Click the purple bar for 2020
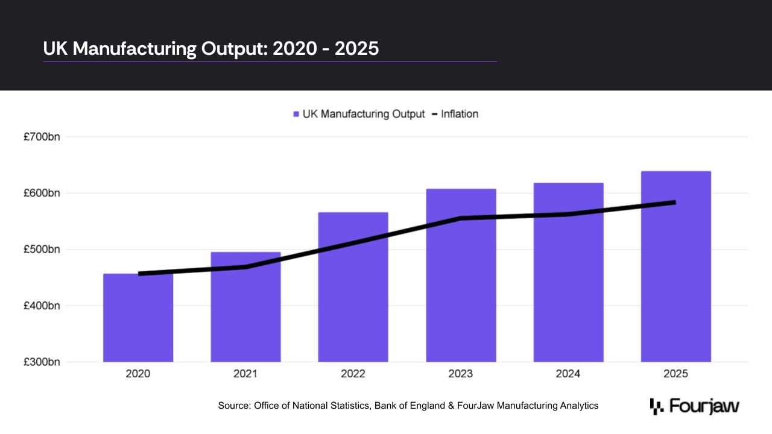(x=138, y=318)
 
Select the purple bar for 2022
(x=353, y=287)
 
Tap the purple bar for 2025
(x=676, y=266)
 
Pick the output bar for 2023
(x=461, y=275)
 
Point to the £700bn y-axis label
(x=42, y=137)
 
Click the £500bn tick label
(x=42, y=249)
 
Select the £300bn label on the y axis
(x=42, y=362)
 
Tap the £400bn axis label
(x=42, y=306)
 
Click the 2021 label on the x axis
(x=245, y=374)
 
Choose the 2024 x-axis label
(x=568, y=374)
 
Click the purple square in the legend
(x=296, y=114)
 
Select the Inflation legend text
(x=460, y=114)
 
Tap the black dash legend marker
(x=435, y=114)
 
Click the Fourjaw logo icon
(x=657, y=406)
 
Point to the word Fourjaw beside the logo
(x=704, y=406)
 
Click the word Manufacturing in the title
(x=134, y=48)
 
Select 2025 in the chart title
(x=356, y=48)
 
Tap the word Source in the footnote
(x=235, y=406)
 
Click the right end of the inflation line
(x=675, y=203)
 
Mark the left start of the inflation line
(x=139, y=274)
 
